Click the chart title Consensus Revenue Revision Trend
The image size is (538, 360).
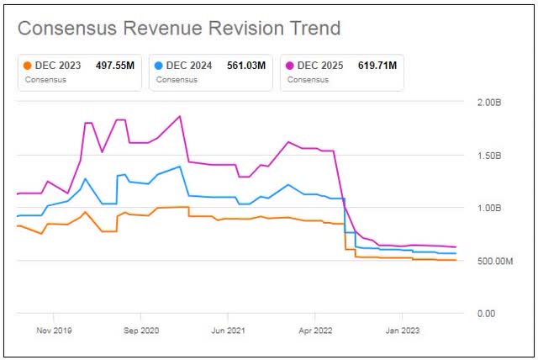179,28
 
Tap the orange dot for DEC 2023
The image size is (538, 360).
28,65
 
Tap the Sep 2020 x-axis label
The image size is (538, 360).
142,331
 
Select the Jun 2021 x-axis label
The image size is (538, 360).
229,331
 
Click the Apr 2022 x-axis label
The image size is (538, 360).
316,331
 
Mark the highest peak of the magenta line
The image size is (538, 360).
179,116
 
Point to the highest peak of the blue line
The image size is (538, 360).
179,167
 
